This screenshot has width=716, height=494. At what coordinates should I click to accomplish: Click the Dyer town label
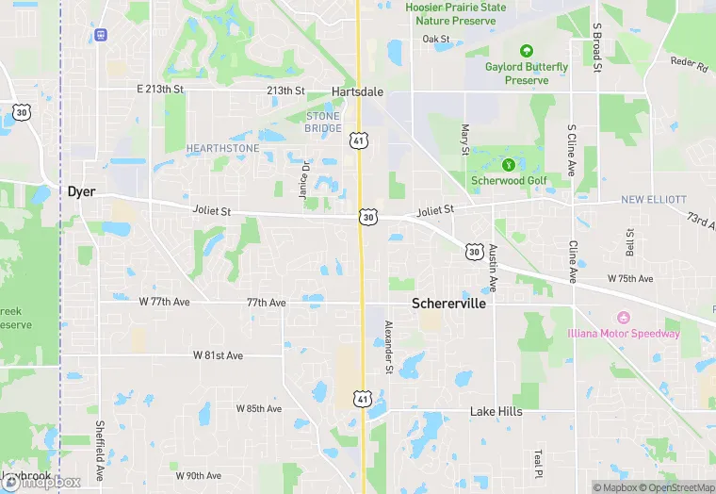coord(81,191)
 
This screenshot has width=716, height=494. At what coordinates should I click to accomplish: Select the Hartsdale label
coord(357,91)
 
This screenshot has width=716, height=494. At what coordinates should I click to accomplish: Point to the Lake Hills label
coord(496,412)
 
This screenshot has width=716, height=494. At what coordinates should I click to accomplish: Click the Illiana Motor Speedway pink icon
coord(622,318)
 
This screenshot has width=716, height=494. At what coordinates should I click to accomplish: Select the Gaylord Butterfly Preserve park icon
coord(526,50)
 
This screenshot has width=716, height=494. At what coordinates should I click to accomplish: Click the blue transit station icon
coord(101,35)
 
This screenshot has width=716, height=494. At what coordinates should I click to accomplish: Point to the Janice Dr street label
coord(303,179)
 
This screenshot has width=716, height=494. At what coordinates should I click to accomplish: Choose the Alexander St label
coord(388,347)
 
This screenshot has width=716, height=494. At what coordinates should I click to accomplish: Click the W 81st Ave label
coord(218,355)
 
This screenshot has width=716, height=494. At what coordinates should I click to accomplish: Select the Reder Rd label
coord(689,65)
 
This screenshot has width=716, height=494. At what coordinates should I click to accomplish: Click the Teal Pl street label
coord(538,462)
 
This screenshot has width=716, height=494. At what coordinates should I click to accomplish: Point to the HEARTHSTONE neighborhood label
coord(222,149)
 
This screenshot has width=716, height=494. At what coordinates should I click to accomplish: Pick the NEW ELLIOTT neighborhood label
coord(654,200)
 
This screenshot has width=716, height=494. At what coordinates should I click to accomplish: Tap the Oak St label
coord(436,39)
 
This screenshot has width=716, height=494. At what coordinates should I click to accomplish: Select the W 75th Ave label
coord(630,279)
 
